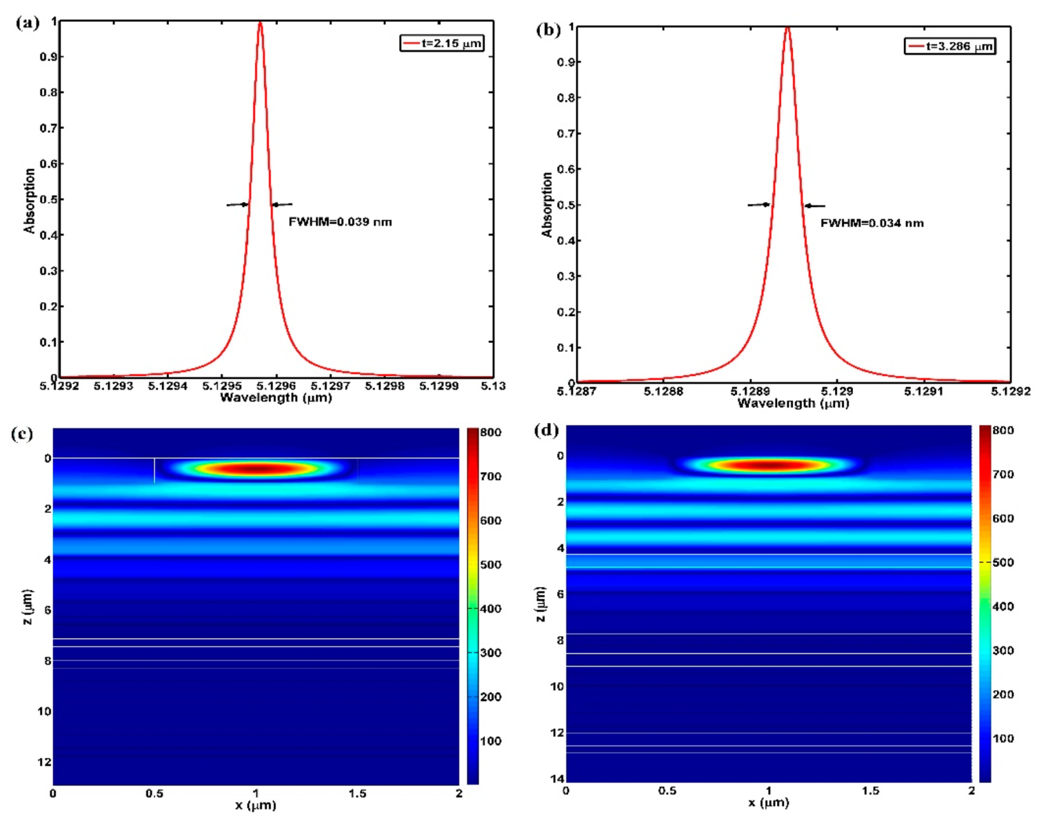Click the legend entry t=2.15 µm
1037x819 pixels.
(442, 43)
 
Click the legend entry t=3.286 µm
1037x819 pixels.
(950, 46)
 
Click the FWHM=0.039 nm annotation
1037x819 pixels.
(340, 222)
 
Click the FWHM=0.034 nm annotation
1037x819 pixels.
(872, 223)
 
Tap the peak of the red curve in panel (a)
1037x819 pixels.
(260, 23)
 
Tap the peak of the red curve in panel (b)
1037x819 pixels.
(787, 28)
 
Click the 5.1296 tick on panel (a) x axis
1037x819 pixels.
(276, 386)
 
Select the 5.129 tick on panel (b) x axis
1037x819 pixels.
(837, 391)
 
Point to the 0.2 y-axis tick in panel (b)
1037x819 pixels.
(566, 312)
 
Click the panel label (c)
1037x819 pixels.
(22, 434)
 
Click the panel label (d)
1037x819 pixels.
(546, 430)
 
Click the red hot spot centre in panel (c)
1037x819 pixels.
(256, 469)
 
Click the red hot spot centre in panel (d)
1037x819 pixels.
(768, 465)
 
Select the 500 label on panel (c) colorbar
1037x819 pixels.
(491, 565)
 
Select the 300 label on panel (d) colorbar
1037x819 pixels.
(1003, 650)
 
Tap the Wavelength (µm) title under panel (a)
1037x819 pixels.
(276, 397)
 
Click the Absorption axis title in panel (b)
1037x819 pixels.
(547, 204)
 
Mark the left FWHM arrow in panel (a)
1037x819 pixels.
(237, 204)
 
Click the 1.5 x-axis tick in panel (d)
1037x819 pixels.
(870, 790)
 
